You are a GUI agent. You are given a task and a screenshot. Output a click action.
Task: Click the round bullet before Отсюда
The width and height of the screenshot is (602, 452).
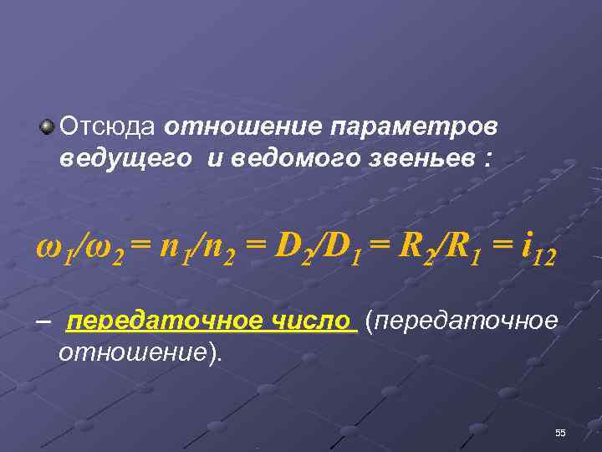48,127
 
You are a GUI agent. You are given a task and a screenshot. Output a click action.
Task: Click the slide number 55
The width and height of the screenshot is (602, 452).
560,433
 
